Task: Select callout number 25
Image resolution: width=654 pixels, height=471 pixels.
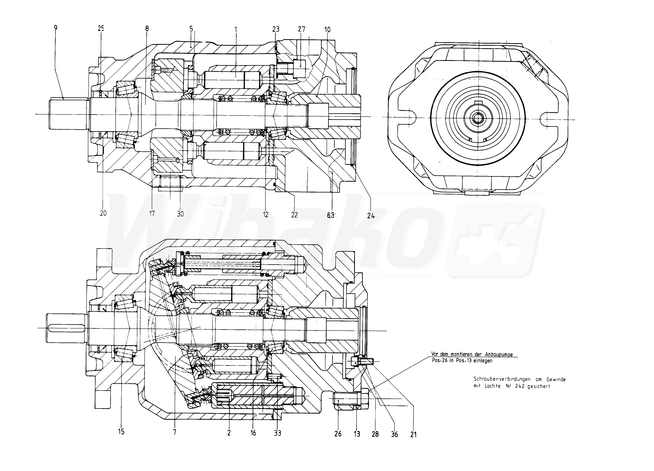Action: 101,28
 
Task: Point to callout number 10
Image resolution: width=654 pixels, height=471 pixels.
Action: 327,29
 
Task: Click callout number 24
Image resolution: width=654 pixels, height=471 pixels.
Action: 371,216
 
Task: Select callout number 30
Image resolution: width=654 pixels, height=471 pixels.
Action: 180,214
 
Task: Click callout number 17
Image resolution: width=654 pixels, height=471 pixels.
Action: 152,214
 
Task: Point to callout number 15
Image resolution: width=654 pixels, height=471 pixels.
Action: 121,432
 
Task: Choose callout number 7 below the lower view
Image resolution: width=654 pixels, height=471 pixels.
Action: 175,432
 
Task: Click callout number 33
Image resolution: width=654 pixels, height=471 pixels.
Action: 277,433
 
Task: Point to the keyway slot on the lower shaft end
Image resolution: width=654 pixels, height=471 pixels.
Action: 67,328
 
